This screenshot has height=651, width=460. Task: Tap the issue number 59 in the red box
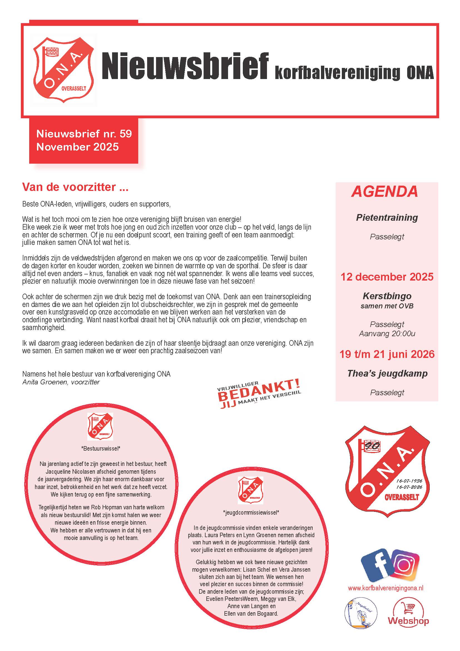tap(125, 134)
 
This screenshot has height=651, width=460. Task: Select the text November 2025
tap(77, 147)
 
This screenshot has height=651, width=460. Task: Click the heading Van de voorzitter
tap(75, 187)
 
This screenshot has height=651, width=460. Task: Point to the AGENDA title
tap(385, 192)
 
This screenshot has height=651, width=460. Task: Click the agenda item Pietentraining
tap(387, 217)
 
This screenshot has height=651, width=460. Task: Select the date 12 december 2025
tap(387, 277)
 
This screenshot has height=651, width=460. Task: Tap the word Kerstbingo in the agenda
tap(387, 296)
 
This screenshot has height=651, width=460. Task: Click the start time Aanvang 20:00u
tap(387, 334)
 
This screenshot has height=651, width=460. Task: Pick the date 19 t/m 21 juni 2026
tap(387, 354)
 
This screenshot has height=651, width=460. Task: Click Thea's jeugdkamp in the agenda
tap(387, 374)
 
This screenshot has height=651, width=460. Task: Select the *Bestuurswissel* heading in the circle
tap(101, 449)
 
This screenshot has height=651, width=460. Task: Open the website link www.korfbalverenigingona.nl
tap(385, 588)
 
